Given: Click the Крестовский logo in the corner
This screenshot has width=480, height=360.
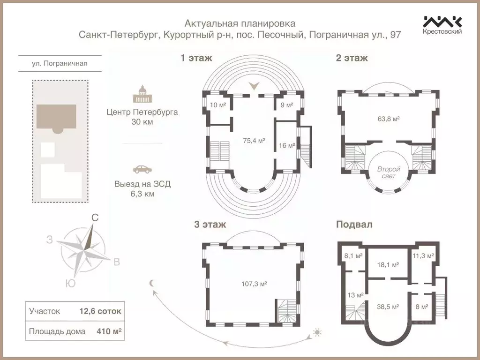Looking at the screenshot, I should tap(442, 25).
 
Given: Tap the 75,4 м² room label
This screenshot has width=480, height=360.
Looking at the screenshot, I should tap(254, 140).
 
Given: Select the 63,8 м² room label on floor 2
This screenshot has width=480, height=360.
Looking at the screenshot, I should tap(388, 119).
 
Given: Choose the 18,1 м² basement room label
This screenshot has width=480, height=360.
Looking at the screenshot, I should tap(388, 264).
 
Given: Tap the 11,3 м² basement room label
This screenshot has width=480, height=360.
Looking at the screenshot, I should tap(423, 256).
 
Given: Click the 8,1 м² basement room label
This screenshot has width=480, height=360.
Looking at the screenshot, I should tap(353, 256).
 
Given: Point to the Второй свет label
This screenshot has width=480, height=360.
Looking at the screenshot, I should tap(388, 172).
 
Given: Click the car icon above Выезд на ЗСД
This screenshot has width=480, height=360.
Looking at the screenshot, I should tap(142, 169).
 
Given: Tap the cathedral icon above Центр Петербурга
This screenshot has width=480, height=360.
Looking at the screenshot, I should tap(142, 94).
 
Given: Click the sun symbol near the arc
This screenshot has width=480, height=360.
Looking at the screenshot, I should tap(317, 333).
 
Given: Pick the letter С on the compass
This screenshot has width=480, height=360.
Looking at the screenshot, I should tap(94, 217).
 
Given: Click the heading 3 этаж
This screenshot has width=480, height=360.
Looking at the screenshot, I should tap(210, 225).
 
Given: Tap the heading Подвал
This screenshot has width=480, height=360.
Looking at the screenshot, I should tap(354, 225).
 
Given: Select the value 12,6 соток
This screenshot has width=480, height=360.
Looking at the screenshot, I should tap(100, 311).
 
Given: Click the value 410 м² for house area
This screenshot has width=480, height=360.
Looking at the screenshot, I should tap(110, 331).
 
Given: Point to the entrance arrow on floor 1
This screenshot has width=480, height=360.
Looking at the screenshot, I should tap(254, 86).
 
